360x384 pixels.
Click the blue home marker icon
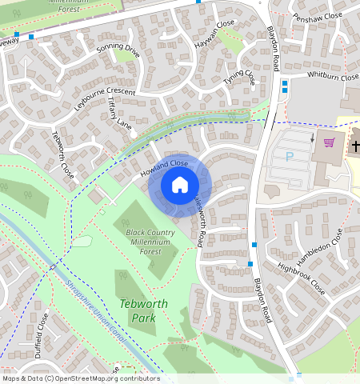180,186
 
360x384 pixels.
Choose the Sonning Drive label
118,52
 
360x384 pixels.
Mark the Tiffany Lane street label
119,114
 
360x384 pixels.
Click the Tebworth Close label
63,154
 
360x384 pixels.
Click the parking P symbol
290,158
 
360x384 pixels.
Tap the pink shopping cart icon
329,143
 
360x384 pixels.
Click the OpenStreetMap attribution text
80,378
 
